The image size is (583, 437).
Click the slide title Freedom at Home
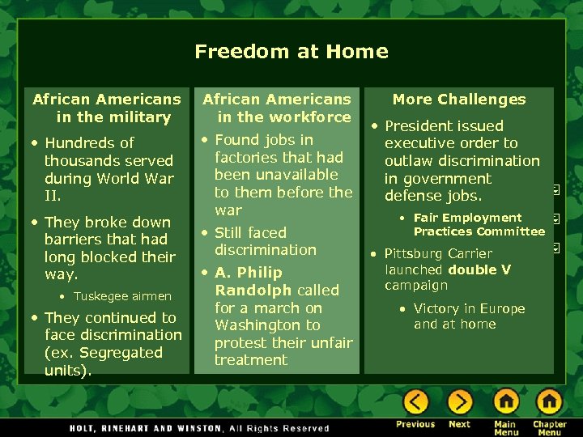291,52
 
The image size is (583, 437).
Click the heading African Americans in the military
107,108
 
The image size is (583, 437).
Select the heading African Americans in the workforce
277,108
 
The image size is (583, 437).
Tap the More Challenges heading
459,100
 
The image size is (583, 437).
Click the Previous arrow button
415,402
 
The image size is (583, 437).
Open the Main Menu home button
506,402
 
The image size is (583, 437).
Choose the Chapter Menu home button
549,402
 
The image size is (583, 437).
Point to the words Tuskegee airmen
122,296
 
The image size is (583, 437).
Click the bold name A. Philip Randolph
277,282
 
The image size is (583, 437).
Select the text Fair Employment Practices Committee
479,225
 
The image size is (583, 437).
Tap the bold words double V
479,270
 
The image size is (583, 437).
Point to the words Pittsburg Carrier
438,254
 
